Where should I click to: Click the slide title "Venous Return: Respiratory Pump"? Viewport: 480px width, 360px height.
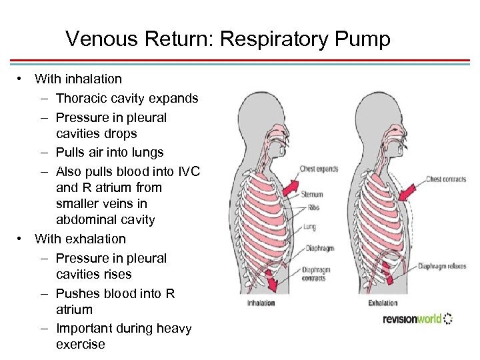click(x=227, y=39)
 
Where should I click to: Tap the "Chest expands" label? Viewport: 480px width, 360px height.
click(x=319, y=169)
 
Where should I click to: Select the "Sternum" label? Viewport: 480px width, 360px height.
click(x=312, y=195)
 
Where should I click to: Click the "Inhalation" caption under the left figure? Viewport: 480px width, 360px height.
click(x=261, y=303)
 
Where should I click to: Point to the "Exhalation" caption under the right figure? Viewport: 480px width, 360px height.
click(x=383, y=303)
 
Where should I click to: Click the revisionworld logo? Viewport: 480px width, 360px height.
click(x=417, y=319)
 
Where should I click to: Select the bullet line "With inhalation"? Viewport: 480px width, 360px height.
click(x=78, y=79)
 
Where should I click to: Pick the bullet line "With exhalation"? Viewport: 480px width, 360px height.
click(x=80, y=239)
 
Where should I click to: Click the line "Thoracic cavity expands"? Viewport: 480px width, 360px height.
click(x=127, y=98)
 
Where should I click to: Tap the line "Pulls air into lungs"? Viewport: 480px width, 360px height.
click(x=109, y=152)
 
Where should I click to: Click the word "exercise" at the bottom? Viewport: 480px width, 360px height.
click(x=81, y=344)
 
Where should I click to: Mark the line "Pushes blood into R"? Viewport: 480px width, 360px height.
click(x=115, y=293)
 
